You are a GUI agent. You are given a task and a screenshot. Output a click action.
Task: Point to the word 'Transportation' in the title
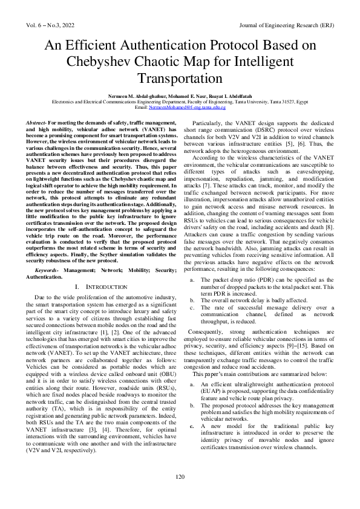click(x=180, y=79)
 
